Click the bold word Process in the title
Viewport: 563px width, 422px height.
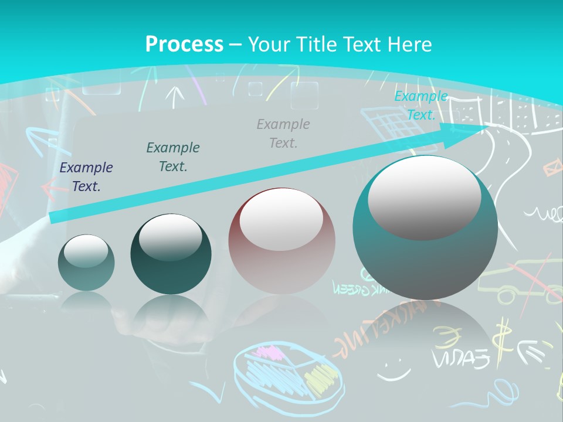point(184,44)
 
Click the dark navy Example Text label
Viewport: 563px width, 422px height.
point(86,177)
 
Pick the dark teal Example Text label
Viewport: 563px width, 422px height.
point(173,157)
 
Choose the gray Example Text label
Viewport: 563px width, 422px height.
point(283,133)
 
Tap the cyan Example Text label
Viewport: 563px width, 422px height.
point(420,105)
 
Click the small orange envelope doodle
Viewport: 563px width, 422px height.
point(552,169)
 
